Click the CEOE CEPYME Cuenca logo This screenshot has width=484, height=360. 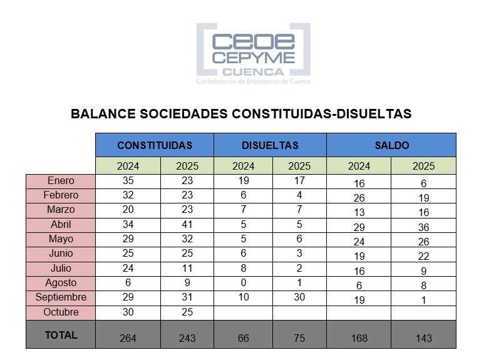pyautogui.click(x=253, y=54)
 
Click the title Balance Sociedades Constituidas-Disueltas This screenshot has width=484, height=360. pyautogui.click(x=241, y=114)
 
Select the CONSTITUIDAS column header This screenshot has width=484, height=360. pyautogui.click(x=155, y=145)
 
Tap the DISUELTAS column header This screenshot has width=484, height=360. pyautogui.click(x=270, y=145)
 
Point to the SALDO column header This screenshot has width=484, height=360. pyautogui.click(x=391, y=145)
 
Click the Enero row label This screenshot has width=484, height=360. pyautogui.click(x=61, y=181)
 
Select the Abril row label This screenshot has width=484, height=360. pyautogui.click(x=61, y=224)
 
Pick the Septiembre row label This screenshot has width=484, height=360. pyautogui.click(x=61, y=297)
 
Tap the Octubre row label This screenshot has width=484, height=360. pyautogui.click(x=61, y=312)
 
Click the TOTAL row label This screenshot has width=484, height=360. pyautogui.click(x=61, y=335)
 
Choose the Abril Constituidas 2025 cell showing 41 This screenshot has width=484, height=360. pyautogui.click(x=187, y=224)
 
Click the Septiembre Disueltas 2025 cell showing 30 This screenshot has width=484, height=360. pyautogui.click(x=299, y=297)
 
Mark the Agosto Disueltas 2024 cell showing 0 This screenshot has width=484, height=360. pyautogui.click(x=244, y=282)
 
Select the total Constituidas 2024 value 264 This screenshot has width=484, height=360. pyautogui.click(x=128, y=338)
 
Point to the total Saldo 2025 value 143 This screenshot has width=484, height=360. pyautogui.click(x=423, y=338)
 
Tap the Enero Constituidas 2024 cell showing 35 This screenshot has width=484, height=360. pyautogui.click(x=128, y=181)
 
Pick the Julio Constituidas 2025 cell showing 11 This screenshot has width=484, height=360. pyautogui.click(x=187, y=268)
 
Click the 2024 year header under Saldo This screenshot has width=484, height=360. pyautogui.click(x=359, y=167)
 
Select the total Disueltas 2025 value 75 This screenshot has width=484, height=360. pyautogui.click(x=299, y=338)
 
